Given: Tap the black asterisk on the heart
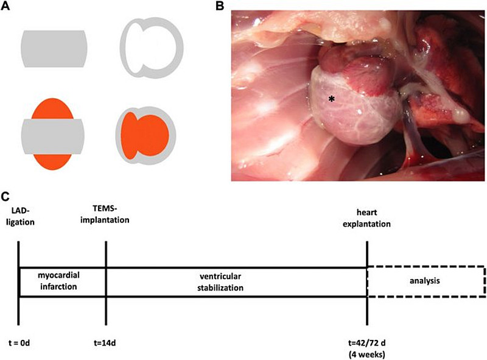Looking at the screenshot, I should coord(331,99).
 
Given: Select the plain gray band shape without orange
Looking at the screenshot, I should coord(55,49).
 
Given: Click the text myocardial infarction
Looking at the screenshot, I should coord(62,281).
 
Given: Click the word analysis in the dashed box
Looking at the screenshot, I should coord(426,281).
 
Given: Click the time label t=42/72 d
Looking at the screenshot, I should coord(367,343).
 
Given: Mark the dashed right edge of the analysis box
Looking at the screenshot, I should coord(485,281).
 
